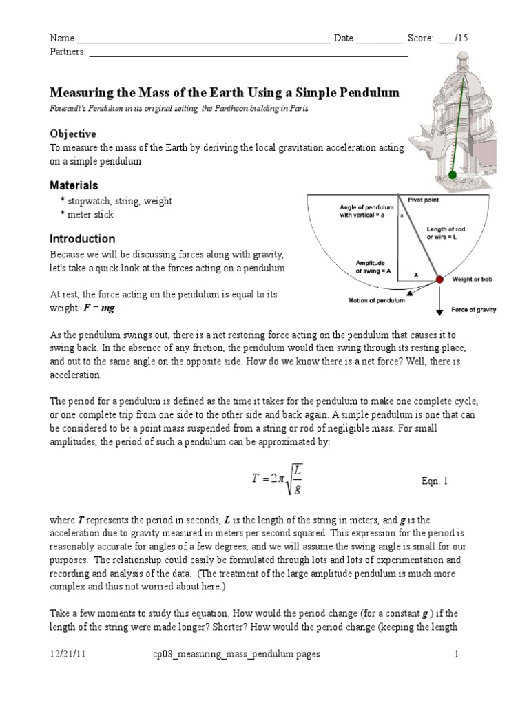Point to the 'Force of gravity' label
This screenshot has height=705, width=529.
coord(473,310)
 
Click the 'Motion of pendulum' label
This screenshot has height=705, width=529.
coord(376,300)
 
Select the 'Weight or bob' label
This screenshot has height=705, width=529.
coord(473,280)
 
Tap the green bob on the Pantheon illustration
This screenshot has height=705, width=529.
coord(453,176)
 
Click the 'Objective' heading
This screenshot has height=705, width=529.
coord(73,134)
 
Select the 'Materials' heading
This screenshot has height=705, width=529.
coord(74,186)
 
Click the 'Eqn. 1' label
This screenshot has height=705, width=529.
coord(434,482)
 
